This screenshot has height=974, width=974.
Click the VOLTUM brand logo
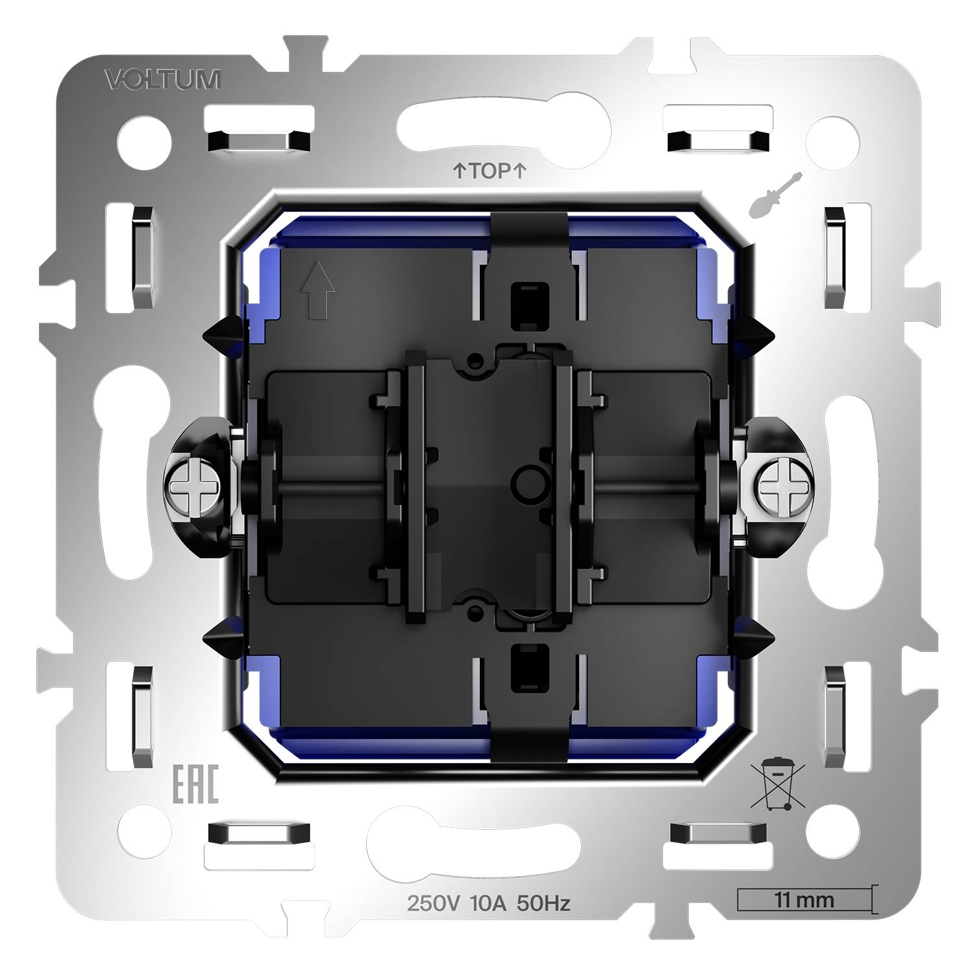tap(162, 80)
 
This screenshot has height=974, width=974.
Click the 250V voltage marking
tap(431, 903)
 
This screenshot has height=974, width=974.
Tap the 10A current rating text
tap(486, 903)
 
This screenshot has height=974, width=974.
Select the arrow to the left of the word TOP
tap(458, 171)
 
